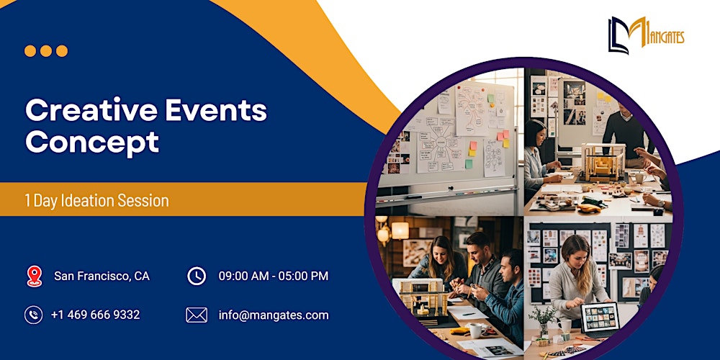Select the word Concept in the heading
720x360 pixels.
click(92, 142)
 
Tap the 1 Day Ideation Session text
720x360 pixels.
click(96, 201)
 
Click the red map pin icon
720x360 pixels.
click(34, 276)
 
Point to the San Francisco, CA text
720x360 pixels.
click(102, 276)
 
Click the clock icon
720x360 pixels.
click(196, 276)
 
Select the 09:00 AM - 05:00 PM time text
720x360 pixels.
click(274, 276)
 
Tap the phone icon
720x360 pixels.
click(34, 315)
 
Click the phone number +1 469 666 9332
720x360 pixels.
click(95, 315)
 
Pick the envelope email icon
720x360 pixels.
click(197, 315)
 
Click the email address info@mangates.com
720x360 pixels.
click(274, 315)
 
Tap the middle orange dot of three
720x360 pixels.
click(46, 51)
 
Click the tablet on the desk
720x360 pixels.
click(599, 318)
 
